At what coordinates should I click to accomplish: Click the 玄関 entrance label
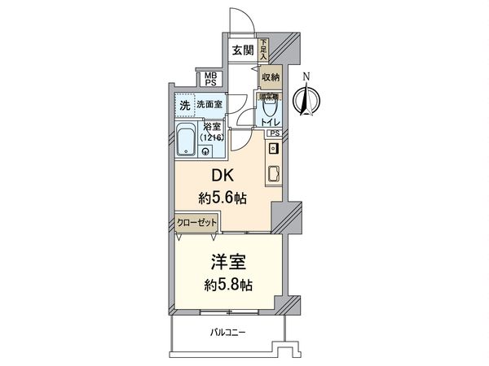[x=242, y=50]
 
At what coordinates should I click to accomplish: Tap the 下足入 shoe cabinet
[x=264, y=50]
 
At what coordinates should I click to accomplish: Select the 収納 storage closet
[x=271, y=76]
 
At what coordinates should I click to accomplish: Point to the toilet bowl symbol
[x=270, y=109]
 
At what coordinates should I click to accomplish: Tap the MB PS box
[x=210, y=79]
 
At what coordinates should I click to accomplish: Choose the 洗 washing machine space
[x=183, y=104]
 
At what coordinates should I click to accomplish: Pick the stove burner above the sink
[x=274, y=148]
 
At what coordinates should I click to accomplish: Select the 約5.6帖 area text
[x=224, y=198]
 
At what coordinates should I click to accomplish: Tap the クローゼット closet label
[x=195, y=222]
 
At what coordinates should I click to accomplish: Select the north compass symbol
[x=306, y=100]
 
